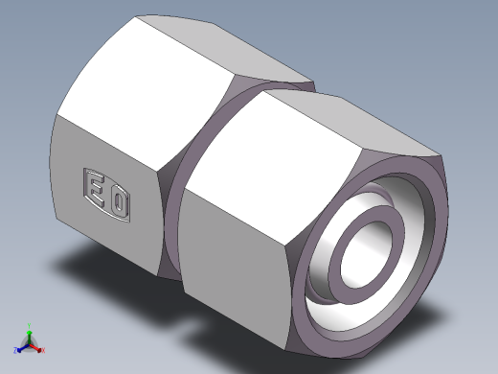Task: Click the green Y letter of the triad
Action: click(30, 324)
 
